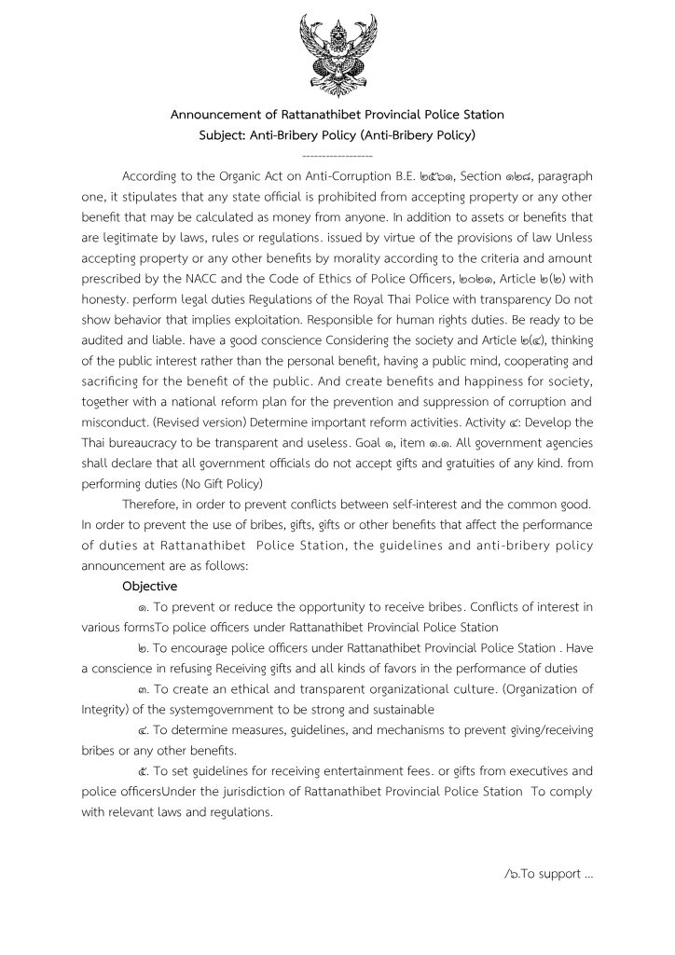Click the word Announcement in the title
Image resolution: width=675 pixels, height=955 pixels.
click(x=217, y=115)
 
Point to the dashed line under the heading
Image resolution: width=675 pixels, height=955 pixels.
click(x=337, y=155)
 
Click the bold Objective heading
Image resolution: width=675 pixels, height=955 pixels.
click(x=150, y=587)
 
